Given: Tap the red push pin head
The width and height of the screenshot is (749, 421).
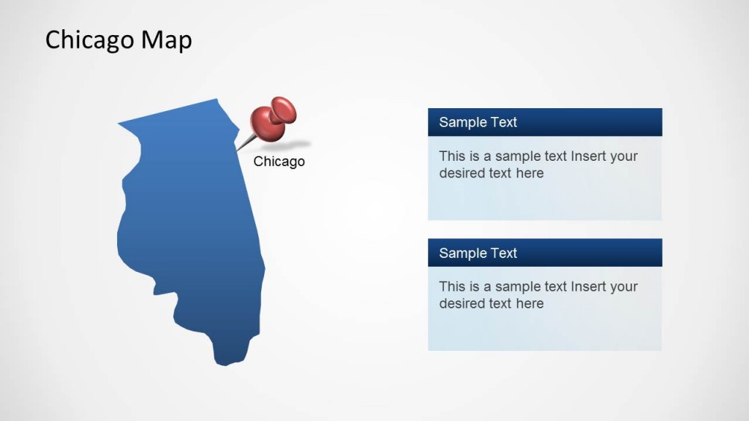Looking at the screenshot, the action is [x=274, y=119].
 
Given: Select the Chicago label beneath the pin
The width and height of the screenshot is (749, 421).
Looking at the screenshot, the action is [x=279, y=162].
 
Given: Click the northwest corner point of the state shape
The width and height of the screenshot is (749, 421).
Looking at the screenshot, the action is [x=118, y=124].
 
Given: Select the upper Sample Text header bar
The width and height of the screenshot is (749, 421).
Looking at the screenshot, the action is [x=545, y=122].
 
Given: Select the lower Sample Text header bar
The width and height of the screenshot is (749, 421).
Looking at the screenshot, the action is [x=545, y=253].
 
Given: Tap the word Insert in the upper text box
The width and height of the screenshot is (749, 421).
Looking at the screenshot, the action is [x=586, y=156].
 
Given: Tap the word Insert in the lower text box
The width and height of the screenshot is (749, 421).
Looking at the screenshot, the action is [x=586, y=287].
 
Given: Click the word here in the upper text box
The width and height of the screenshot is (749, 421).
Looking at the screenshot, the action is [x=530, y=172].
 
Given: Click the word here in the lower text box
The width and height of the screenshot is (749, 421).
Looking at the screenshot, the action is [x=530, y=303].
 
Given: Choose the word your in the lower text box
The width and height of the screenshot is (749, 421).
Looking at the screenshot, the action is [x=622, y=287].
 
